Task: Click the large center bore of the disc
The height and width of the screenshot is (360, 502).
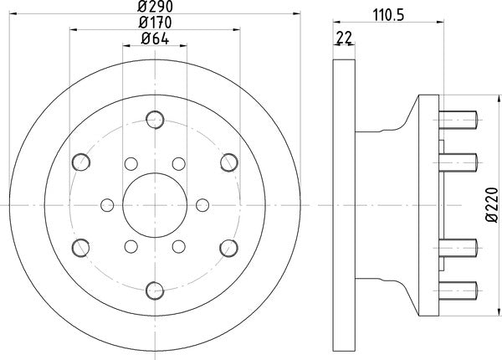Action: tap(155, 203)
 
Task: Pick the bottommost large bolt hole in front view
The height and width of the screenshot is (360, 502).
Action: tap(154, 290)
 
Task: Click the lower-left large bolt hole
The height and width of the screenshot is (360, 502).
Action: tap(80, 247)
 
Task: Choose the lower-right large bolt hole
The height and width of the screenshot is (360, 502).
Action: tap(228, 247)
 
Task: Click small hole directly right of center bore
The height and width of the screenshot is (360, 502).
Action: tap(202, 203)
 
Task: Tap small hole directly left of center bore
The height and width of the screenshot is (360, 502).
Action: tap(107, 203)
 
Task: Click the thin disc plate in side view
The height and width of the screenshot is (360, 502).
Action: tap(342, 203)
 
